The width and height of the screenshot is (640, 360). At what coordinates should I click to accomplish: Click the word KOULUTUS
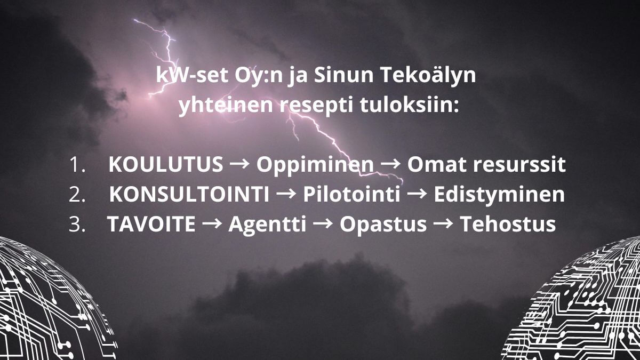(x=165, y=165)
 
